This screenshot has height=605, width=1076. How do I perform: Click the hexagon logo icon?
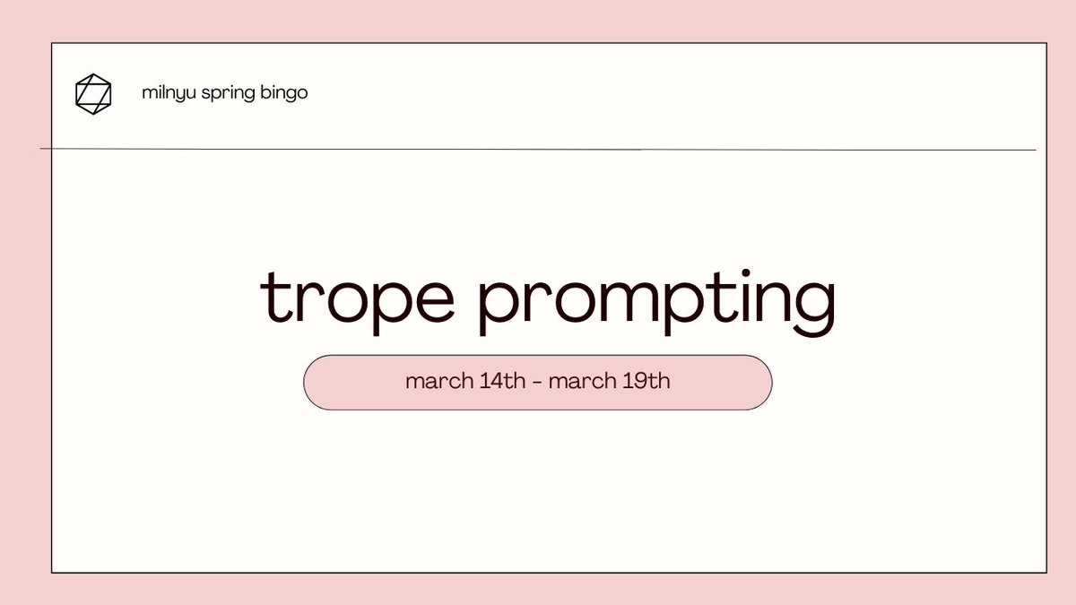pos(93,94)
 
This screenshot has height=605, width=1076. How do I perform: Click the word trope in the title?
pos(357,300)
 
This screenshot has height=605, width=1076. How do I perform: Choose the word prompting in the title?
pos(655,302)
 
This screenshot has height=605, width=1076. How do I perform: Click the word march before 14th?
pos(437,381)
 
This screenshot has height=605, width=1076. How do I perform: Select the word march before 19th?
pos(579,381)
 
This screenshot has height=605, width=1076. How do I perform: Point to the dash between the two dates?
pos(537,382)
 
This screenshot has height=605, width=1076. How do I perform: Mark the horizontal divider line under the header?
pos(538,149)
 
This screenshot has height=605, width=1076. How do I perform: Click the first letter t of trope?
pos(273,298)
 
